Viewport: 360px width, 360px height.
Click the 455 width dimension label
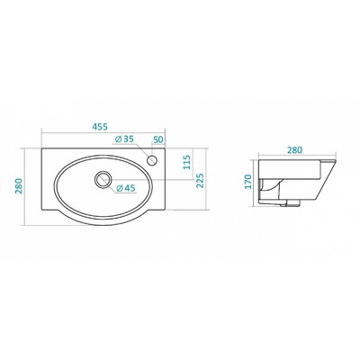click(x=100, y=127)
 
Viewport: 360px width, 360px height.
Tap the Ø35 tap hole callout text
click(x=124, y=139)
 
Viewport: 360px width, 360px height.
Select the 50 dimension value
click(x=158, y=139)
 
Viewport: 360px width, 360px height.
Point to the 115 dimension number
click(x=187, y=162)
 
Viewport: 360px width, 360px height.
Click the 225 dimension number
click(x=200, y=181)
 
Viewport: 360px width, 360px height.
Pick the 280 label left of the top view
click(x=19, y=186)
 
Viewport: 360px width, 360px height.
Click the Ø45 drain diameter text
click(x=126, y=188)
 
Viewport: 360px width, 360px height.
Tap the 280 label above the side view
click(x=294, y=150)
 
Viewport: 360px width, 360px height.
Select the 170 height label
click(x=247, y=182)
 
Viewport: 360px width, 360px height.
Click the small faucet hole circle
click(x=152, y=160)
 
